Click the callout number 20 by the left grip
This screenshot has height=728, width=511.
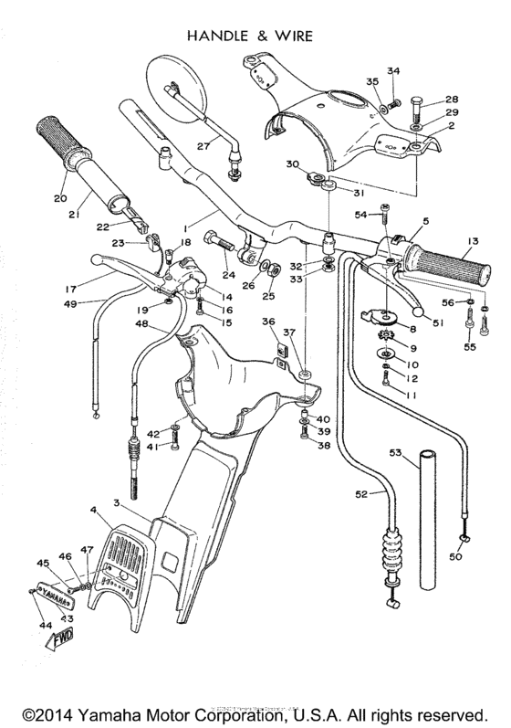click(60, 198)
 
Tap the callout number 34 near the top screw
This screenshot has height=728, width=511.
click(393, 70)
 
